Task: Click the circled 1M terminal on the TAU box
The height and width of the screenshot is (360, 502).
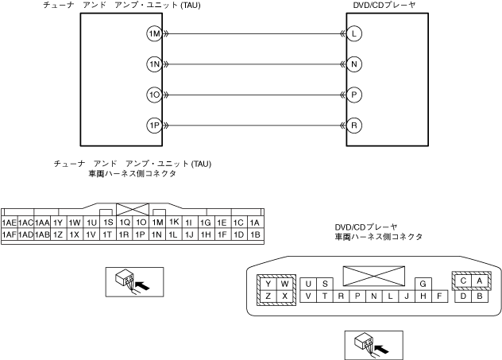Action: pos(155,34)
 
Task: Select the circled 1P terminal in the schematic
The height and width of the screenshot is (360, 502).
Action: pos(155,126)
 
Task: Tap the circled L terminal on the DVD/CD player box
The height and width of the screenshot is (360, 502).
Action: pos(353,34)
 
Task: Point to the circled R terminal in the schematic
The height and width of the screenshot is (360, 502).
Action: pos(353,126)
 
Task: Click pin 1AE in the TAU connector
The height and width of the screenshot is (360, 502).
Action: pos(10,223)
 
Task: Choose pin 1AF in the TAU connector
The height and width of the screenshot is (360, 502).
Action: pos(10,235)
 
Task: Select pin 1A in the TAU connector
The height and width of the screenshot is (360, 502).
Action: pos(255,223)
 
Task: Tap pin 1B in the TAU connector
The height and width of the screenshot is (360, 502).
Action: pos(255,235)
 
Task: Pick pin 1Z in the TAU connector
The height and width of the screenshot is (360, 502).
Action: pos(59,235)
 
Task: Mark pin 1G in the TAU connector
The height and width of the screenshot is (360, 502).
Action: pos(206,223)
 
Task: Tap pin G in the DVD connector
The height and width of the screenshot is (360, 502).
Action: pos(423,283)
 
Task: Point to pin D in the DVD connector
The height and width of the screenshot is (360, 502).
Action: pos(464,296)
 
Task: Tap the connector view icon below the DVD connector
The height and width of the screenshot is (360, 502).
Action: pos(372,345)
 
